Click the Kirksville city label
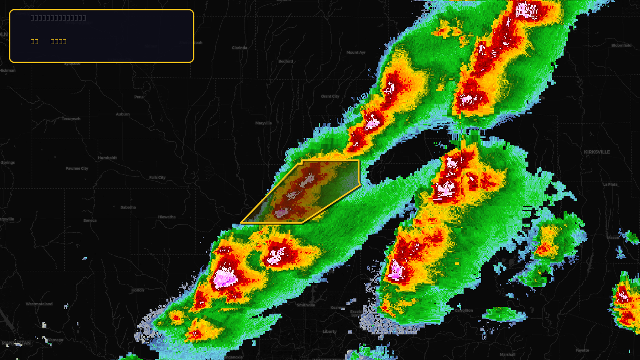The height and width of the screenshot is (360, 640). click(597, 152)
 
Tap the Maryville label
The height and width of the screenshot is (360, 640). click(264, 123)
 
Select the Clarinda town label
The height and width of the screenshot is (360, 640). click(240, 48)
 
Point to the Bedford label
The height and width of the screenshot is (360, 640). click(286, 62)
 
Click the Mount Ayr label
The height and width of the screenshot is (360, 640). click(356, 53)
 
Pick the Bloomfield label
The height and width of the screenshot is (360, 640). click(621, 46)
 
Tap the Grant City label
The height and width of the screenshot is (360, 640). click(330, 96)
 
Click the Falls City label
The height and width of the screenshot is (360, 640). click(157, 178)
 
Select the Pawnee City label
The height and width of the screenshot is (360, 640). click(77, 169)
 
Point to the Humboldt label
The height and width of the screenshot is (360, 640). click(107, 158)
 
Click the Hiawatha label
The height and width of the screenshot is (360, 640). click(167, 217)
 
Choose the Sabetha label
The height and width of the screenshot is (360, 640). click(128, 208)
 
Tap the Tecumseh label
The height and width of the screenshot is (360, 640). click(71, 119)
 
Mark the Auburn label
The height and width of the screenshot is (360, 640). click(123, 114)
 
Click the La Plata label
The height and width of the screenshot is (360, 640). click(610, 185)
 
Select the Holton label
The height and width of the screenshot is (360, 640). click(138, 290)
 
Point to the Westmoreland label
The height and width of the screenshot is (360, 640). click(39, 304)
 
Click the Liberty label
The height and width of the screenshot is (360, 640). click(330, 332)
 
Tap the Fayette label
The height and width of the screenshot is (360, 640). click(582, 350)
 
